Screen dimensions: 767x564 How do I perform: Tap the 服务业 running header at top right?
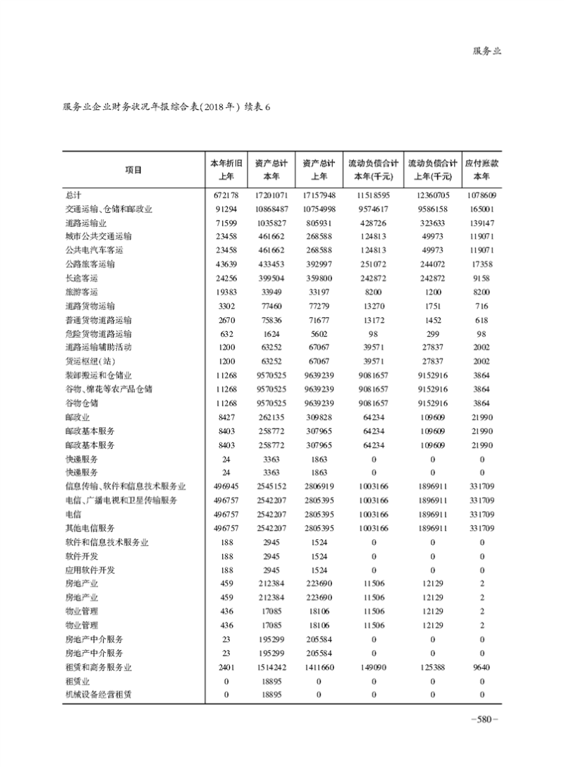[486, 51]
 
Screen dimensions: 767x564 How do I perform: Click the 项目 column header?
[133, 169]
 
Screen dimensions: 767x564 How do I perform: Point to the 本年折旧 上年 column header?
[227, 169]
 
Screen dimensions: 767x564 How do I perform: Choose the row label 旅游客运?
[81, 292]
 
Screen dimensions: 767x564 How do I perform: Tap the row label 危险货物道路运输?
[98, 333]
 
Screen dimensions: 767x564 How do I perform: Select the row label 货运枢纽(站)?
[89, 360]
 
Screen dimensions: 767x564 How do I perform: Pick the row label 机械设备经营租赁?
[98, 694]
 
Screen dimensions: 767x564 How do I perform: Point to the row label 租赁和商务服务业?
[98, 667]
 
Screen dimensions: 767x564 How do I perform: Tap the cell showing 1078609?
[482, 195]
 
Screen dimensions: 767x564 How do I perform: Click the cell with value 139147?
[482, 223]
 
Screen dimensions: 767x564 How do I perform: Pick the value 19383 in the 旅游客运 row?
[227, 292]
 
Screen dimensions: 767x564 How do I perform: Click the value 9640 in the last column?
[482, 667]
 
